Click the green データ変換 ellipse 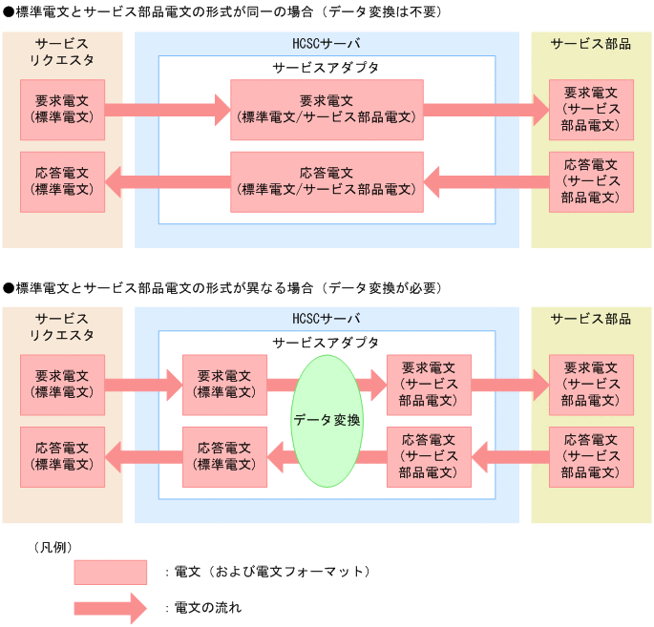point(327,420)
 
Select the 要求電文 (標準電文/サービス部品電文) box point(327,109)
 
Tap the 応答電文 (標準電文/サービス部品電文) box point(327,181)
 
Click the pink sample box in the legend point(111,573)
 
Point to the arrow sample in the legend point(110,607)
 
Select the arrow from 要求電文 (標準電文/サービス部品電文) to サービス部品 point(486,109)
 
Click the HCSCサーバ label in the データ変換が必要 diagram point(327,319)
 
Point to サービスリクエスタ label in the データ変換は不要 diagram point(62,52)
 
